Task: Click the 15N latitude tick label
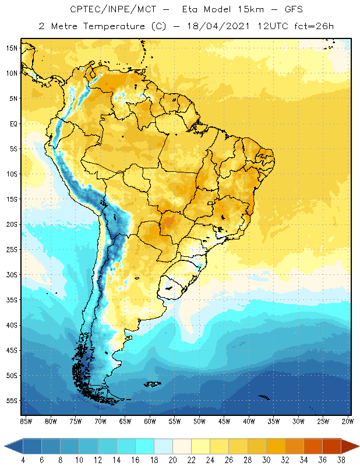pos(12,48)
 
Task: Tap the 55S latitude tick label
pos(12,401)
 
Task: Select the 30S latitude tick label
pos(12,274)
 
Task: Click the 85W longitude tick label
pos(26,421)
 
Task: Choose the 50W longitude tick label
pos(200,421)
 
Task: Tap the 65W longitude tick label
pos(125,421)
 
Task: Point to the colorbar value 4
pos(23,460)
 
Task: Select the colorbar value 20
pos(172,460)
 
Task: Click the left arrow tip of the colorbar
pos(5,446)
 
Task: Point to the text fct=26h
pos(313,26)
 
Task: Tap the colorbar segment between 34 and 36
pos(312,446)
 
